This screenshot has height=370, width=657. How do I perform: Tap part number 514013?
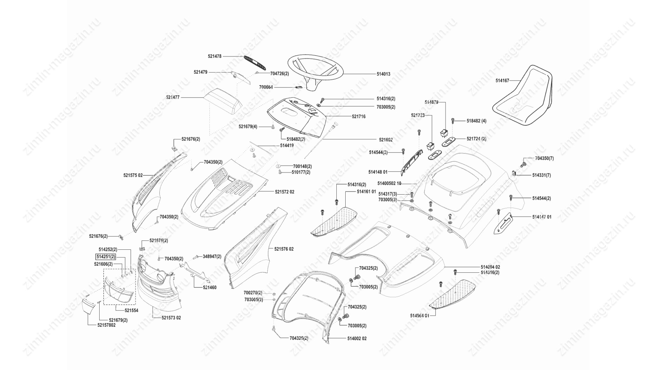pyautogui.click(x=383, y=74)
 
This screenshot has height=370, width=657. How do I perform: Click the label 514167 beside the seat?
pyautogui.click(x=502, y=81)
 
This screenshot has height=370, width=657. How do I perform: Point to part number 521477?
pyautogui.click(x=173, y=98)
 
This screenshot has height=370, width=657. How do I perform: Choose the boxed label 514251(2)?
pyautogui.click(x=106, y=257)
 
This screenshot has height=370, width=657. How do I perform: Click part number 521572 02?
pyautogui.click(x=284, y=192)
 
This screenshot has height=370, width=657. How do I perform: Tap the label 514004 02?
pyautogui.click(x=490, y=267)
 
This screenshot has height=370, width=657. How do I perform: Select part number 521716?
pyautogui.click(x=359, y=116)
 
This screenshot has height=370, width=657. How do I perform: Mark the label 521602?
pyautogui.click(x=386, y=140)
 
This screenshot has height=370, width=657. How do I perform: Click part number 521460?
pyautogui.click(x=210, y=287)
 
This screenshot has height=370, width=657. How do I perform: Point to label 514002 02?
pyautogui.click(x=357, y=338)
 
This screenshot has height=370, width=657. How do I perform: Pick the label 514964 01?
pyautogui.click(x=420, y=316)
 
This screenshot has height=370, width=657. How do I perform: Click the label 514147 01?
pyautogui.click(x=542, y=217)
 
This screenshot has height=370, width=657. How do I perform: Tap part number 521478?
pyautogui.click(x=215, y=56)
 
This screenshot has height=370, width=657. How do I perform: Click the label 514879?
pyautogui.click(x=431, y=102)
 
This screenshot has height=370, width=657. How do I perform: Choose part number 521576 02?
pyautogui.click(x=284, y=249)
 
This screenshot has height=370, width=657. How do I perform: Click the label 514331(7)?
pyautogui.click(x=541, y=175)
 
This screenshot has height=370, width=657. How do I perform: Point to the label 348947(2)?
pyautogui.click(x=212, y=256)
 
